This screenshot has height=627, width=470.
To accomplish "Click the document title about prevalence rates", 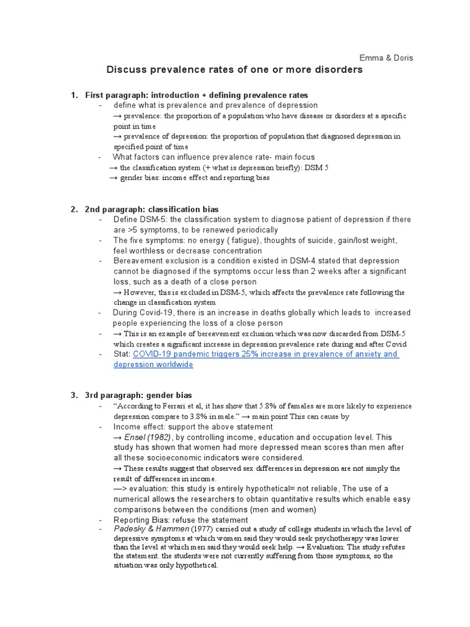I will click(234, 70).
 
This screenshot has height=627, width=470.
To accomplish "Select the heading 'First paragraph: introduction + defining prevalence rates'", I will click(196, 95).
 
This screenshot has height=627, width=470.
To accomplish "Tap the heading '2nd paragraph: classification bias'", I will click(152, 209).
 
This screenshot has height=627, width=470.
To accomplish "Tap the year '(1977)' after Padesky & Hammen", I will click(203, 529).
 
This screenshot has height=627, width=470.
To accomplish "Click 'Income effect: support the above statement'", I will click(193, 426).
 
